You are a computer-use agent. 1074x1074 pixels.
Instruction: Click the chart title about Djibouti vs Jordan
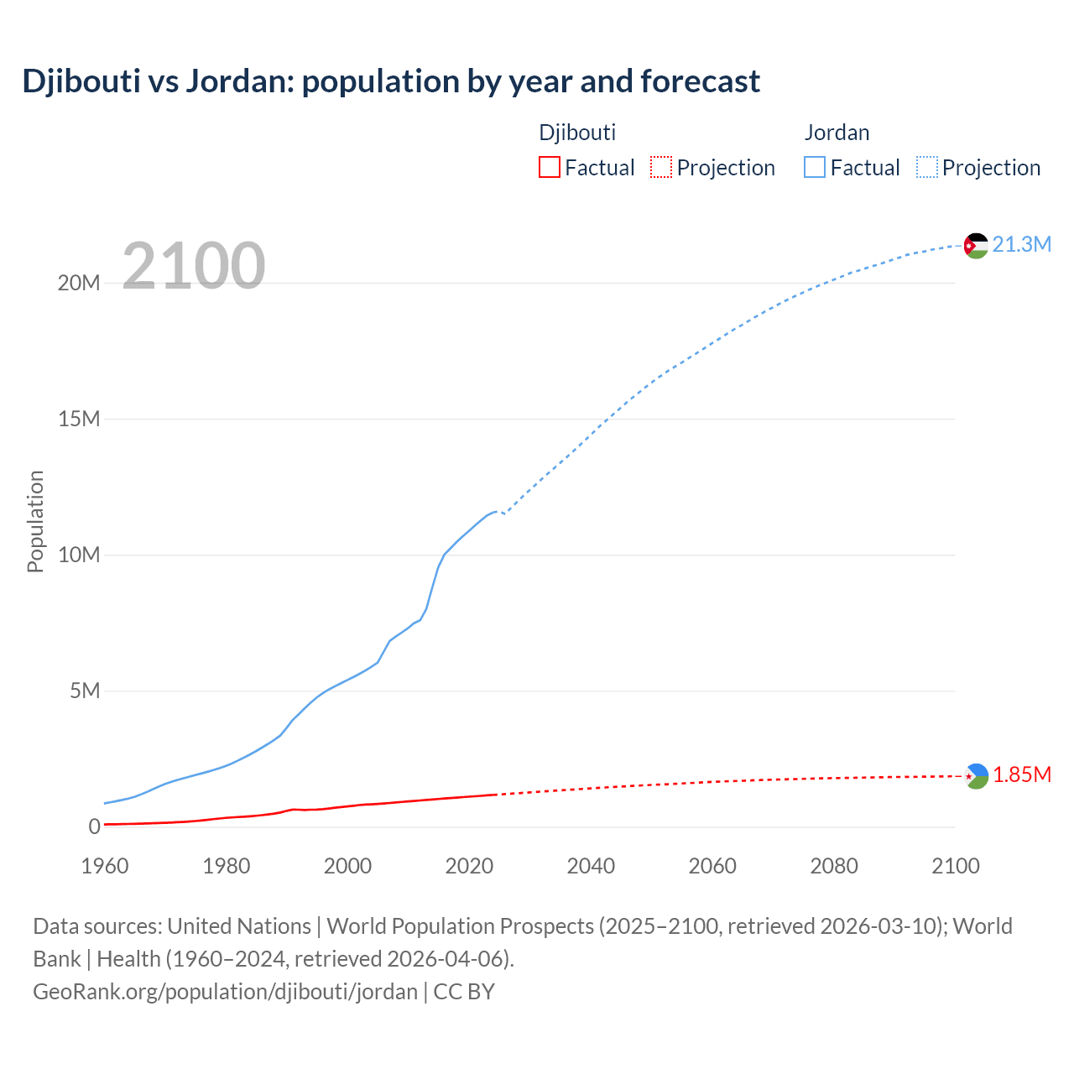tap(391, 81)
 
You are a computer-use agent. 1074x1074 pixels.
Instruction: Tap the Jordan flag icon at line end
tap(975, 245)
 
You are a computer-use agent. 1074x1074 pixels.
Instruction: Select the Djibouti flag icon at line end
tap(976, 776)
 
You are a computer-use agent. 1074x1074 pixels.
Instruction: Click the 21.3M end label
tap(1021, 244)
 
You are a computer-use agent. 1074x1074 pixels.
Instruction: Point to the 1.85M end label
tap(1021, 774)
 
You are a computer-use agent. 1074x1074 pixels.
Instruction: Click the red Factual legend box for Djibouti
tap(549, 168)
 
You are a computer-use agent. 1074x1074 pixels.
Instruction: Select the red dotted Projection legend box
tap(661, 168)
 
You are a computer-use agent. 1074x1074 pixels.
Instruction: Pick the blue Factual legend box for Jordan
tap(814, 168)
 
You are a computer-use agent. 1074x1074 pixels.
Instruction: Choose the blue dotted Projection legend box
tap(926, 168)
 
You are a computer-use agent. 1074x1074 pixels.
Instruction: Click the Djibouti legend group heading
tap(577, 133)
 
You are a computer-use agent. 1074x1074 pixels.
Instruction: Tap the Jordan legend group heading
tap(837, 133)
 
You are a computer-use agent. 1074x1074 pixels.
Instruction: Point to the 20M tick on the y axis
tap(79, 284)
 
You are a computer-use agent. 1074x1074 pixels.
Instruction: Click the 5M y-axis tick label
tap(85, 691)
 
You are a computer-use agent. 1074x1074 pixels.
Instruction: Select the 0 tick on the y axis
tap(94, 827)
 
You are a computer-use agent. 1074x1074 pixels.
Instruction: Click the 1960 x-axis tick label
tap(105, 866)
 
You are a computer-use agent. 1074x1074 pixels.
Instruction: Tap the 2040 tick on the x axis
tap(591, 866)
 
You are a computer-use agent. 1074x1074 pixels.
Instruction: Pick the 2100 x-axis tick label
tap(955, 866)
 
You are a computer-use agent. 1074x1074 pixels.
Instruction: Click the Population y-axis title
tap(35, 521)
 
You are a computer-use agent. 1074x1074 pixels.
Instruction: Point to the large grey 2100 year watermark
tap(194, 266)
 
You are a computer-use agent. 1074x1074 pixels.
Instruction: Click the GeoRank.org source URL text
tap(225, 992)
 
